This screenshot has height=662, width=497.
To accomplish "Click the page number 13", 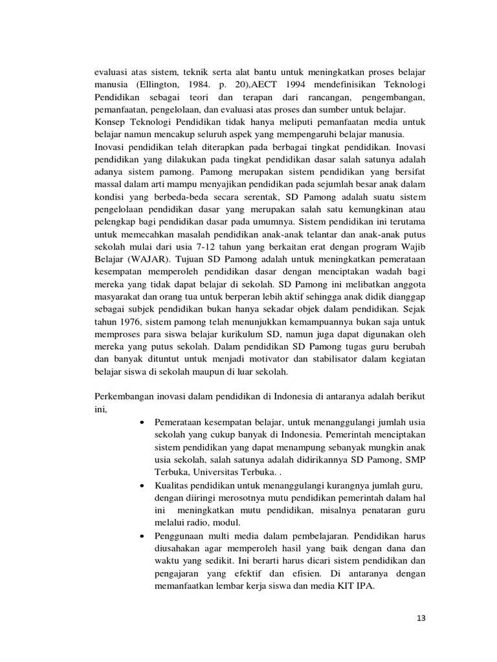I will tap(421, 618).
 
